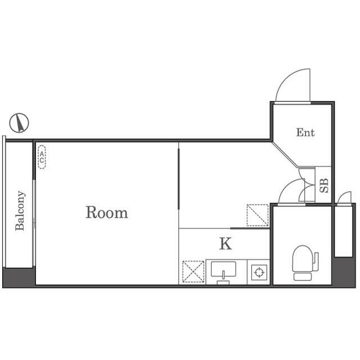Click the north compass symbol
[x=19, y=123]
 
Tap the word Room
[x=107, y=213]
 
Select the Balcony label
[x=20, y=210]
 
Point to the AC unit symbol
[x=42, y=157]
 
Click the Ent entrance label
[x=305, y=133]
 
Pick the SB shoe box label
[x=324, y=186]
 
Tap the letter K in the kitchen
[x=226, y=244]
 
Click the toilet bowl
[x=303, y=259]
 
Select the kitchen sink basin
[x=223, y=269]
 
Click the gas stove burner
[x=259, y=272]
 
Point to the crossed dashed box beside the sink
[x=193, y=272]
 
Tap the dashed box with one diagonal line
[x=258, y=215]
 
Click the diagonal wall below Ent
[x=285, y=154]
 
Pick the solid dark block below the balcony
[x=19, y=277]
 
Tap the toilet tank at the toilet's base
[x=303, y=277]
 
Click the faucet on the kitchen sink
[x=223, y=275]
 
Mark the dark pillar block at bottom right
[x=344, y=272]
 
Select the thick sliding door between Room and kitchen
[x=178, y=179]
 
